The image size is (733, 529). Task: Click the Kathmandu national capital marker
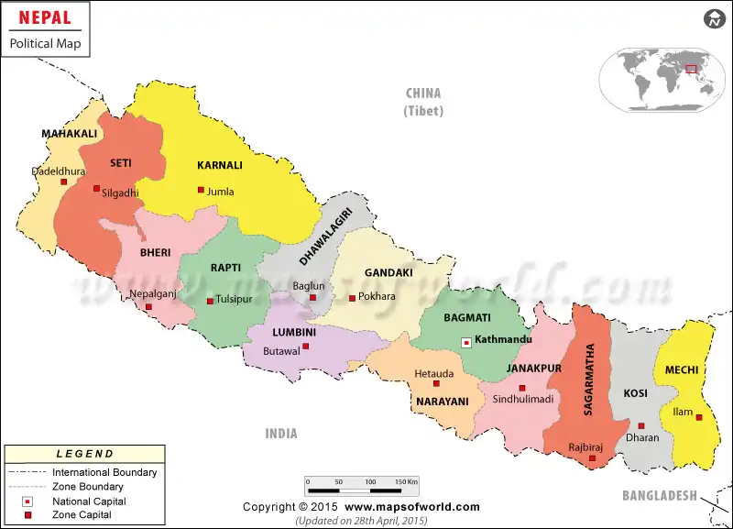[466, 342]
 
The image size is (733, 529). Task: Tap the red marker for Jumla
[201, 190]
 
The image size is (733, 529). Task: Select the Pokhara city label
[377, 296]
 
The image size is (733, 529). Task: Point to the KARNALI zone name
[220, 165]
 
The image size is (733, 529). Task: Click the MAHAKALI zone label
[69, 134]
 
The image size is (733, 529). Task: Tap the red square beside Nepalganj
[148, 307]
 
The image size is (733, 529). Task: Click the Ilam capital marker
[699, 417]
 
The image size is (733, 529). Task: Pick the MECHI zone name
[682, 370]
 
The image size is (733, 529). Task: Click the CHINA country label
[423, 93]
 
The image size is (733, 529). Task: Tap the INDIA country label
[281, 433]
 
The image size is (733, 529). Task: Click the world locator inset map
[662, 80]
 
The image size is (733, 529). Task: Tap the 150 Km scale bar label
[406, 480]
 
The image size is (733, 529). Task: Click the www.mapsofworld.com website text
[412, 507]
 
